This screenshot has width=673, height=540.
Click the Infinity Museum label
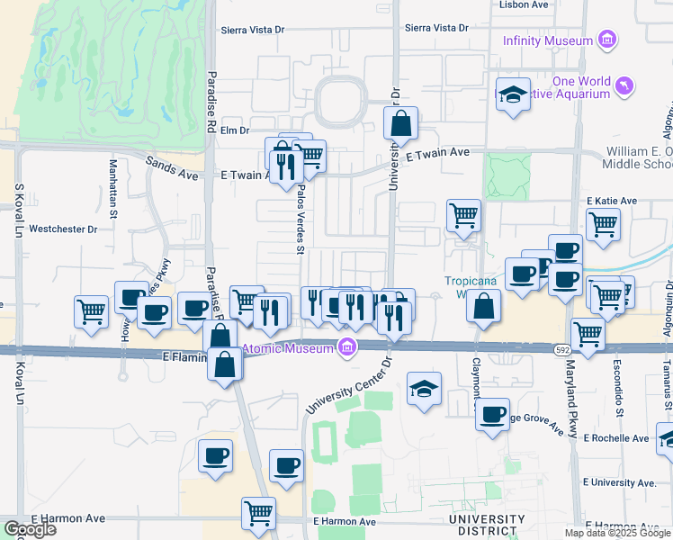click(x=547, y=40)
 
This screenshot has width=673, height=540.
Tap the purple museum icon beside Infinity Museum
click(x=608, y=40)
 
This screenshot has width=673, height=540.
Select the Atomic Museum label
click(x=288, y=349)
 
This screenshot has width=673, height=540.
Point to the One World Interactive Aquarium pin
click(x=624, y=86)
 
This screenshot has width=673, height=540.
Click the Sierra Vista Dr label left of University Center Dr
click(x=253, y=29)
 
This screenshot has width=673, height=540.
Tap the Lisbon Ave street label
click(x=524, y=4)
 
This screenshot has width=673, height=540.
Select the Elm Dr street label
click(x=234, y=130)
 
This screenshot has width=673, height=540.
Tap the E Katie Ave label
click(x=611, y=201)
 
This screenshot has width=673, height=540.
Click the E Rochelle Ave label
click(x=615, y=438)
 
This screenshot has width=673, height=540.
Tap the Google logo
click(x=30, y=529)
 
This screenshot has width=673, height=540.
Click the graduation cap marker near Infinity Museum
click(x=513, y=94)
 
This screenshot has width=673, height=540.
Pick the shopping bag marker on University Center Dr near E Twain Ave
click(x=401, y=123)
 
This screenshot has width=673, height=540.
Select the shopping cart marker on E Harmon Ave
click(x=258, y=513)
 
